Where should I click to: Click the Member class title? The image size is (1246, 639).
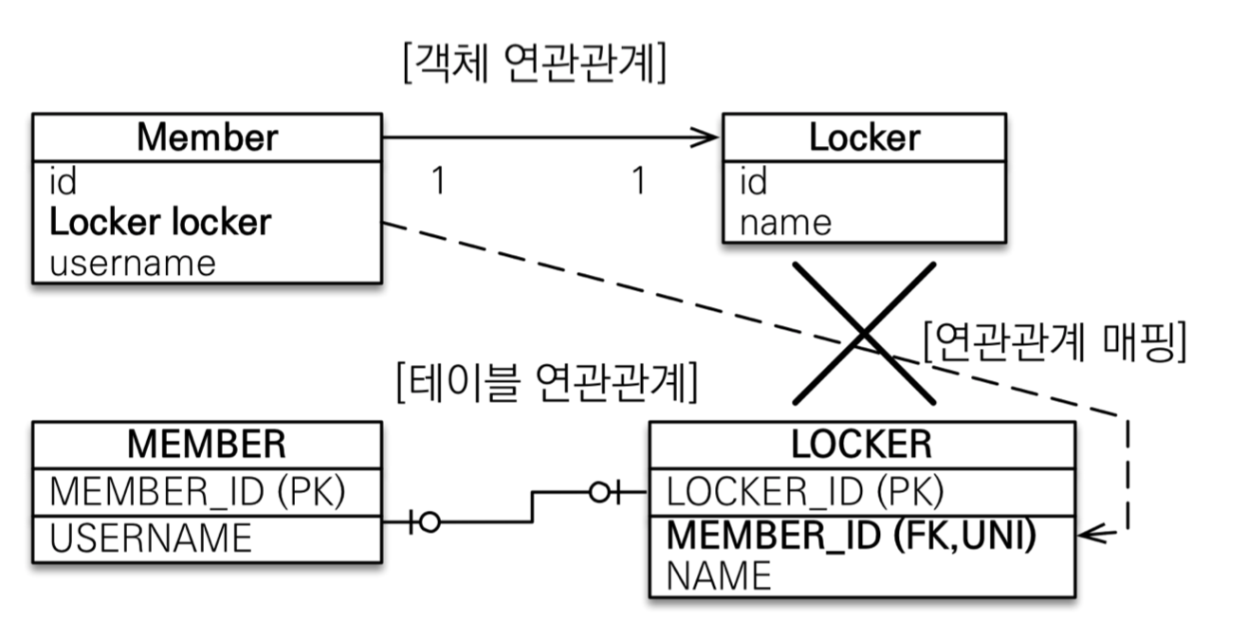point(207,137)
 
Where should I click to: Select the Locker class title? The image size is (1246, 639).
point(865,137)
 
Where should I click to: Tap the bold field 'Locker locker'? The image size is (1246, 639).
point(160,223)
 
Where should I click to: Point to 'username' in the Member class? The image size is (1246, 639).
point(133,264)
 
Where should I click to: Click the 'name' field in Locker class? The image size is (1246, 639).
point(785,224)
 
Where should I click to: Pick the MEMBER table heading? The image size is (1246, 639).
point(207,445)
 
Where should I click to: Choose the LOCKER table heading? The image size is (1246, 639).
point(861,445)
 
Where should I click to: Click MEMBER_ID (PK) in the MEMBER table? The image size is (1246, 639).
point(197,492)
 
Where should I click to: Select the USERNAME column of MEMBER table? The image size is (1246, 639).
point(151,538)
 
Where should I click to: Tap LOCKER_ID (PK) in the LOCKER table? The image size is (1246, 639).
point(805,492)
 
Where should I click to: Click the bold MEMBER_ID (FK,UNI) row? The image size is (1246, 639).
point(852,535)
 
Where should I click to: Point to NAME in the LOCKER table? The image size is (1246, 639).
point(719,575)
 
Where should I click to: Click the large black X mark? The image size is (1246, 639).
point(864,334)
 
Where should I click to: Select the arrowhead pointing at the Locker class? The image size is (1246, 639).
point(705,137)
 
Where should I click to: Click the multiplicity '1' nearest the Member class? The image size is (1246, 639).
point(439,180)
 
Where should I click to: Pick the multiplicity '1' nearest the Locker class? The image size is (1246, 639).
point(639,180)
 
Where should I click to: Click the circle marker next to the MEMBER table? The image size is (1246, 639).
point(430,522)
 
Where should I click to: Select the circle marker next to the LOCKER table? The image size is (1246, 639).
point(599,492)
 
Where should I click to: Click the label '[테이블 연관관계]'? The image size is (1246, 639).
point(547,383)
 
